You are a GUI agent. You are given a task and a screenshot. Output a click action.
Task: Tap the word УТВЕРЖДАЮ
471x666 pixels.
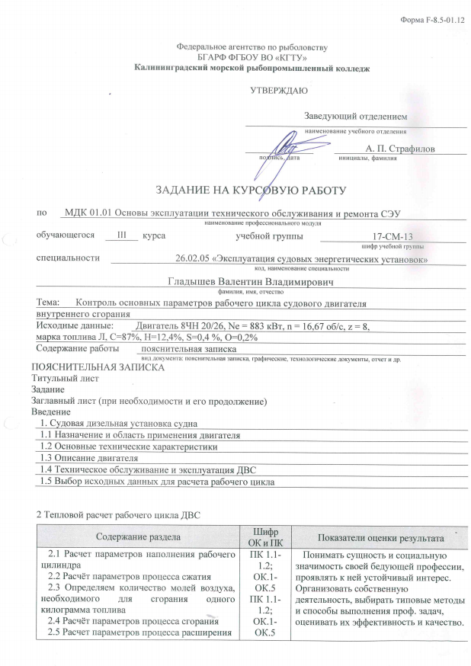(279, 91)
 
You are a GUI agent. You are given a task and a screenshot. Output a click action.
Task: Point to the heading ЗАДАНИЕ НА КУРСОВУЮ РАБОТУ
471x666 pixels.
(251, 189)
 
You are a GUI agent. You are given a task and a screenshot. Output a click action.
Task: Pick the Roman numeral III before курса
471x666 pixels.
(117, 236)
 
